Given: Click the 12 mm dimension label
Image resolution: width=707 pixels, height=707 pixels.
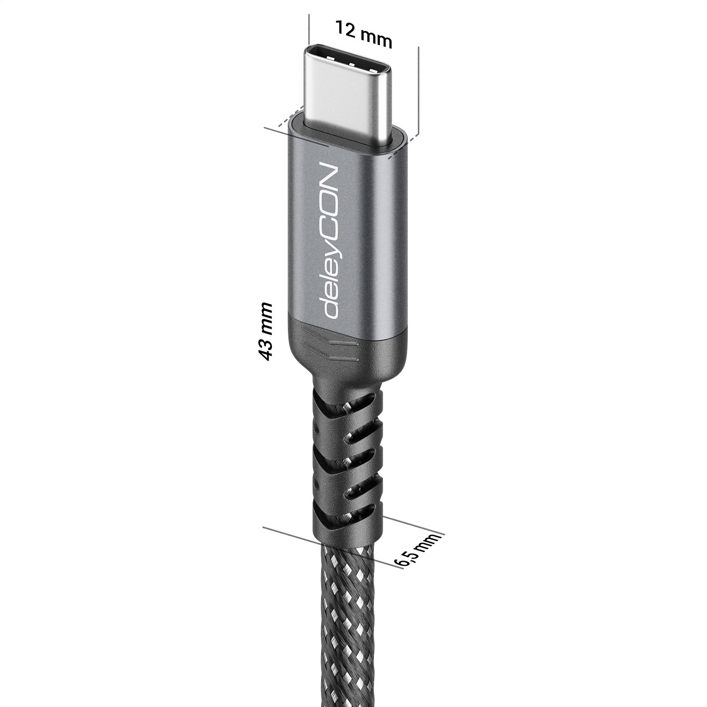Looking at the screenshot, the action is tap(363, 35).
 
